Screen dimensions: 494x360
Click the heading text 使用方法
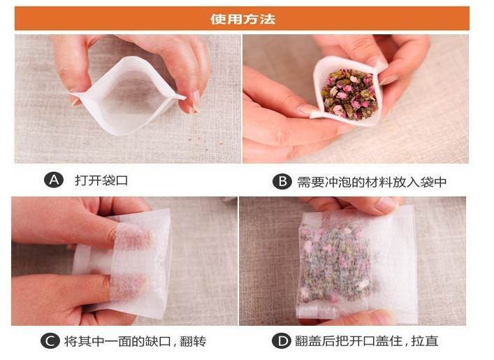(242, 20)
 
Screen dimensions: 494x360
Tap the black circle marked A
(54, 180)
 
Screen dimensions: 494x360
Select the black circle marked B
(282, 182)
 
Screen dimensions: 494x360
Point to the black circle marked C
(50, 340)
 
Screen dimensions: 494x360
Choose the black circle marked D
(282, 340)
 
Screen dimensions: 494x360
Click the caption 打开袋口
(101, 180)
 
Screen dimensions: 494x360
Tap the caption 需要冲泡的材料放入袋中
(372, 182)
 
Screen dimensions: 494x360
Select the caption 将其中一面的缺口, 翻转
(135, 341)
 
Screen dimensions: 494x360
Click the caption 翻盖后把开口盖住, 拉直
(366, 340)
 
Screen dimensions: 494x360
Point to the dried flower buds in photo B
(349, 94)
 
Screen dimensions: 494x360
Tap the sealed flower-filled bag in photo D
(356, 265)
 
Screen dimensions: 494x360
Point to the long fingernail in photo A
(196, 100)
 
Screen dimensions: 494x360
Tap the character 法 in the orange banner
(268, 20)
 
